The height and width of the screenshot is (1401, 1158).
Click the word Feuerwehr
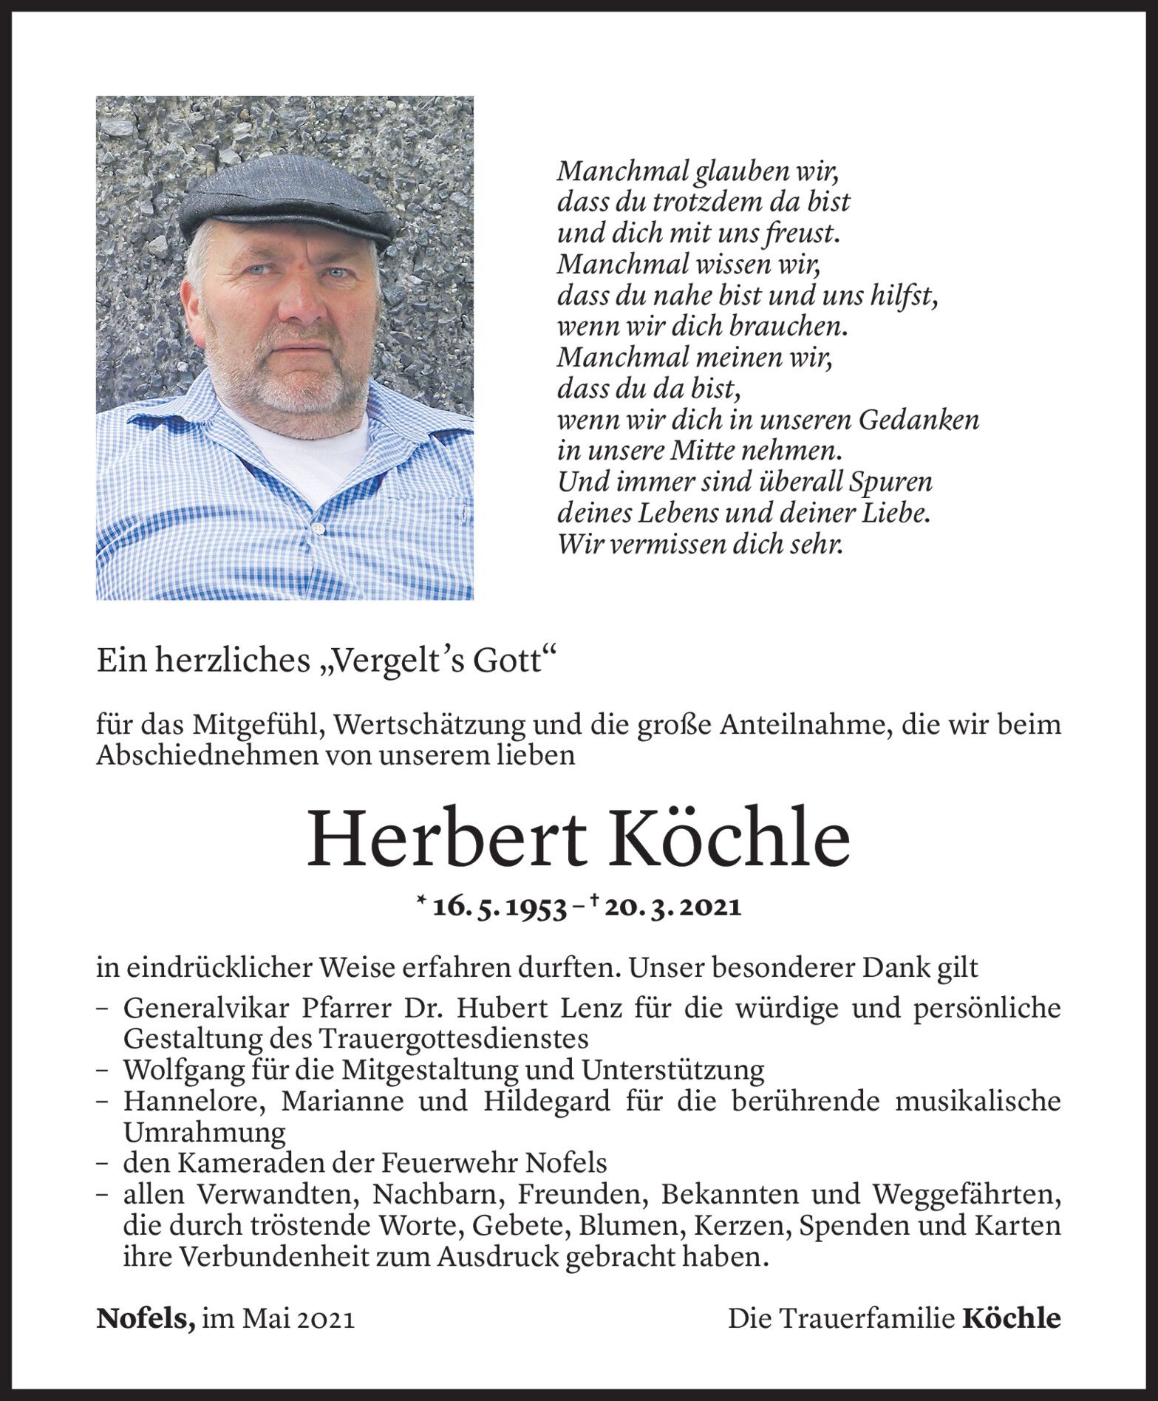(452, 1163)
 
